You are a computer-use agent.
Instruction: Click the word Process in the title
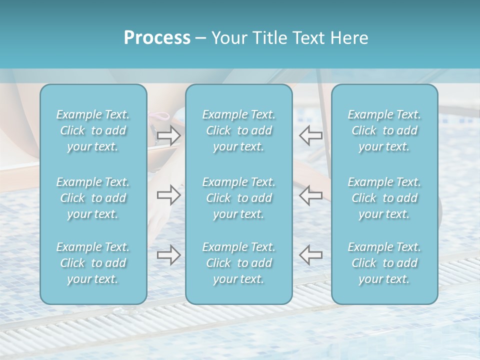coord(157,37)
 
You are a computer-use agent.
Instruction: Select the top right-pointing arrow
coord(168,135)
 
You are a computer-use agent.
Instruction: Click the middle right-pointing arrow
coord(168,195)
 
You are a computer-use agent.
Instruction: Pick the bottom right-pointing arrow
coord(168,255)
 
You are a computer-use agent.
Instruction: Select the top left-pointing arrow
coord(310,135)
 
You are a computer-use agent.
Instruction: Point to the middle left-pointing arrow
coord(310,195)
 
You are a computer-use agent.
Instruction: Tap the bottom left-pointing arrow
coord(310,255)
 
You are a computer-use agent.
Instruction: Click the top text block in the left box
coord(93,130)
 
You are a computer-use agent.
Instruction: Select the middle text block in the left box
coord(93,198)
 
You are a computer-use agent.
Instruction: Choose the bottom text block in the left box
coord(93,263)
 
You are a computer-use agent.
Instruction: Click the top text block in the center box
coord(238,130)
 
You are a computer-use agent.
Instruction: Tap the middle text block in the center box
coord(238,198)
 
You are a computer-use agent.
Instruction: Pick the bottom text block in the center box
coord(238,263)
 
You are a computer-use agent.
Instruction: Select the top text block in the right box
coord(384,130)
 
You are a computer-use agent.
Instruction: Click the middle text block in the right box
coord(384,198)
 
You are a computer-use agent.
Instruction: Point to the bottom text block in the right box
coord(384,263)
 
